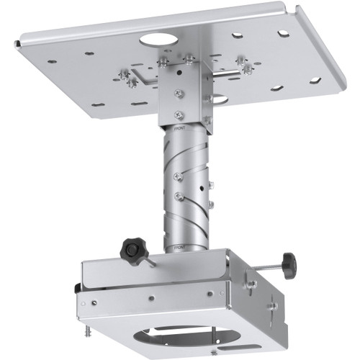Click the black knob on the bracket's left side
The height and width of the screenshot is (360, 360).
(x=133, y=250)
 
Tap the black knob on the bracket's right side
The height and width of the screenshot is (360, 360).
(x=289, y=265)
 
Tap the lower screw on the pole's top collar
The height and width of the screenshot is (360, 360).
(x=179, y=114)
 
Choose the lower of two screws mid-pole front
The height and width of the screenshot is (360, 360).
(x=177, y=195)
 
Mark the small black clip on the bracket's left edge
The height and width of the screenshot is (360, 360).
(x=77, y=288)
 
